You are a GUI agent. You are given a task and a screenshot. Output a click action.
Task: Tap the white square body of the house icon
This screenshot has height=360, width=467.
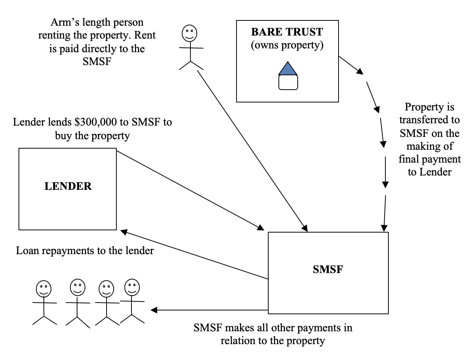(288, 82)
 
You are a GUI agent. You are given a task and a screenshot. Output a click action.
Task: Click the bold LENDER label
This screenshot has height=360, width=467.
(68, 186)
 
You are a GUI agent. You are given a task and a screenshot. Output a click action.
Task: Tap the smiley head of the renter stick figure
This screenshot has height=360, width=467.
(189, 34)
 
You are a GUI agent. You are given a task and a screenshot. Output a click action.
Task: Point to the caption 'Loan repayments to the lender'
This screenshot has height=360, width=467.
(85, 250)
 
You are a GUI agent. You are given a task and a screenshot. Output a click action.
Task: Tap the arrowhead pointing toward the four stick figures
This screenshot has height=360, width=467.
(154, 310)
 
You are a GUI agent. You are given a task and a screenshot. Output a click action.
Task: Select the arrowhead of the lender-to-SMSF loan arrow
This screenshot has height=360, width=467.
(260, 228)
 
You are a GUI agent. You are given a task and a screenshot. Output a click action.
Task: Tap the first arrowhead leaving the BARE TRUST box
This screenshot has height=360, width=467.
(362, 72)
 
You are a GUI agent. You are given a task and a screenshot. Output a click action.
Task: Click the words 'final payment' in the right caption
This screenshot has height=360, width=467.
(430, 159)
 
